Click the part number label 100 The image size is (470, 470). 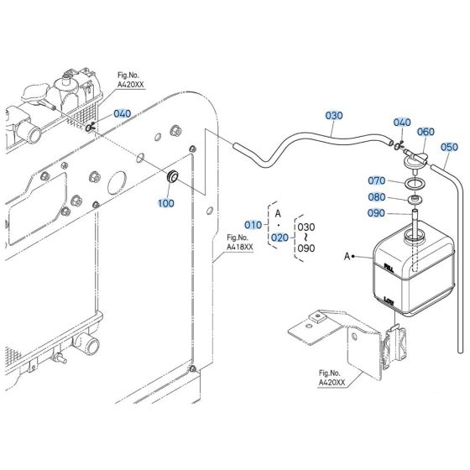click(x=166, y=203)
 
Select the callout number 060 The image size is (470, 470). click(x=426, y=132)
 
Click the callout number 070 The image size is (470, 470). click(x=376, y=180)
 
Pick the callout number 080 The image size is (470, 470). click(x=376, y=198)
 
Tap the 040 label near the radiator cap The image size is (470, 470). click(x=122, y=113)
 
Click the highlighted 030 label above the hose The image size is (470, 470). click(x=334, y=115)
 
